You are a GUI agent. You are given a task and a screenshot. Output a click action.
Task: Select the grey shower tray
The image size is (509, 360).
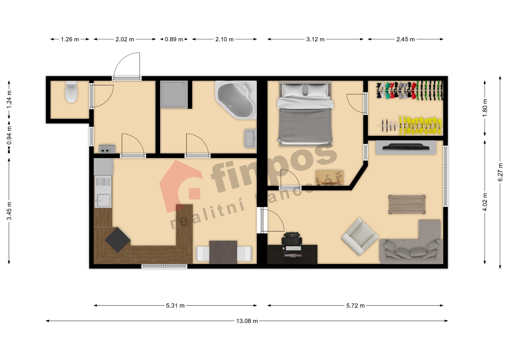click(174, 94)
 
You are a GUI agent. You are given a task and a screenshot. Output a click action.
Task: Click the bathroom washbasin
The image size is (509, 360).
click(251, 138)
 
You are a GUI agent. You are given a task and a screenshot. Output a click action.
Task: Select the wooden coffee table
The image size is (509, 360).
click(407, 204)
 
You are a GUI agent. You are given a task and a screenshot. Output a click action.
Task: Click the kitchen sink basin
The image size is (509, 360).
click(103, 200)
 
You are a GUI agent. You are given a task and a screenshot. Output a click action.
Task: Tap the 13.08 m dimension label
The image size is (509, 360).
click(247, 321)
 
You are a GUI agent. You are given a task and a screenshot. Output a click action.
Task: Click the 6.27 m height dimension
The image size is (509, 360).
click(500, 172)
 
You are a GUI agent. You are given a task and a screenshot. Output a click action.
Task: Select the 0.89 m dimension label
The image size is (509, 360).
click(174, 39)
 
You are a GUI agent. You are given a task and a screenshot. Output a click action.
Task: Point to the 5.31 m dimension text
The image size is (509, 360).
click(175, 306)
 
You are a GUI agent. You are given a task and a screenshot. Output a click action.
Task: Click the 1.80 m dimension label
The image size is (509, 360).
click(485, 108)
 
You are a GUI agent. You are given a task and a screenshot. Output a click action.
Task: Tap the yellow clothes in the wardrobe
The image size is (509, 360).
click(420, 125)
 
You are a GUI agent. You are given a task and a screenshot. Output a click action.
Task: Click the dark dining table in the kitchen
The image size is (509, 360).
click(223, 252)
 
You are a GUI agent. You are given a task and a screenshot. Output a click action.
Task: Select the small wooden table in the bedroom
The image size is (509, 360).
click(330, 177)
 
